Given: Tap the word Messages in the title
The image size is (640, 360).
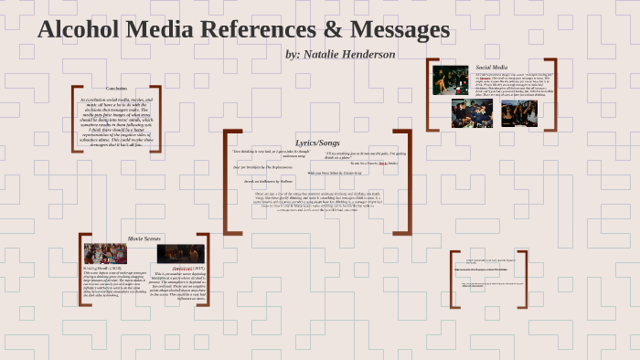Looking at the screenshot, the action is tap(396, 30).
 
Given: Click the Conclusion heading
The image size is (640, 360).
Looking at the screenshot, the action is tap(117, 88).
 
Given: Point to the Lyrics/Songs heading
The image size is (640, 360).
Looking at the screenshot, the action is tap(317, 143).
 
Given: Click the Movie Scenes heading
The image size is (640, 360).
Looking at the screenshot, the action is tap(144, 238).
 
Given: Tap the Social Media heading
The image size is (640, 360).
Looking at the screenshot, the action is tap(491, 68).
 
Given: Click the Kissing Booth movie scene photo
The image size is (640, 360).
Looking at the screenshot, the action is tap(105, 253).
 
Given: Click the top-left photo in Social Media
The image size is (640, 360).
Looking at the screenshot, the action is tap(451, 80).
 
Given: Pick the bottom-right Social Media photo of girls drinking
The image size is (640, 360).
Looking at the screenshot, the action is tap(517, 113).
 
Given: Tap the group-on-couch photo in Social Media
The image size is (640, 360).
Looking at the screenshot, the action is tap(472, 113).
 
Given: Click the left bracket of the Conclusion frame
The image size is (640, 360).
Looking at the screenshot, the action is tap(75, 119).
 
